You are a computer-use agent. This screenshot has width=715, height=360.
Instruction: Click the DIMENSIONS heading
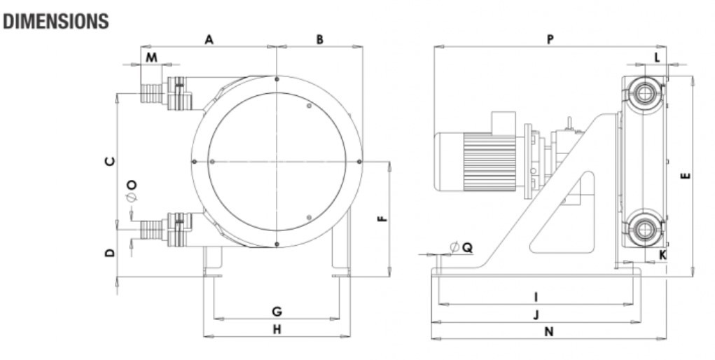pyautogui.click(x=56, y=22)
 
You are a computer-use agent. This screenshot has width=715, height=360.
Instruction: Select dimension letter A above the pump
pyautogui.click(x=209, y=40)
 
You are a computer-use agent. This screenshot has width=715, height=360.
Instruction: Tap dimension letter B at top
pyautogui.click(x=319, y=40)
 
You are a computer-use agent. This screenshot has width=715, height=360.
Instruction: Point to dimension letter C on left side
pyautogui.click(x=109, y=162)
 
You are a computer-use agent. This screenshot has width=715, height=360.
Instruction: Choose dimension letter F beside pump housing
pyautogui.click(x=382, y=219)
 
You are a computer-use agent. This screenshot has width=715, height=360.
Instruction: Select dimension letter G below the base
pyautogui.click(x=277, y=311)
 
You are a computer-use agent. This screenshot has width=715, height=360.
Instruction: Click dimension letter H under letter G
pyautogui.click(x=277, y=329)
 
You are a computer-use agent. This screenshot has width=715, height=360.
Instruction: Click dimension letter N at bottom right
pyautogui.click(x=549, y=332)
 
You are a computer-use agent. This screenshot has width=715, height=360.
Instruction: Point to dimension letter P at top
pyautogui.click(x=550, y=40)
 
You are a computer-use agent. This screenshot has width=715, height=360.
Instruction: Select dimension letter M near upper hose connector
pyautogui.click(x=151, y=56)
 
